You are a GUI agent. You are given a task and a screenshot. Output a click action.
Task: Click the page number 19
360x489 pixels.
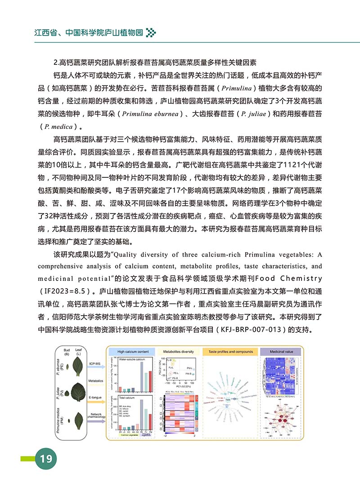click(x=46, y=459)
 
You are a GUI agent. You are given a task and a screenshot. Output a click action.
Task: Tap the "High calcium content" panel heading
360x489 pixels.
click(x=133, y=351)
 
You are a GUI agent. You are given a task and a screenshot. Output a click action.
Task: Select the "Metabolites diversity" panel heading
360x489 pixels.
click(x=178, y=351)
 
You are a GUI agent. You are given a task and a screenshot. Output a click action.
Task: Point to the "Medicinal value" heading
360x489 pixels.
click(x=282, y=351)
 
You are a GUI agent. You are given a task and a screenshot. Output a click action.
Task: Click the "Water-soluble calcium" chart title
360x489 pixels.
click(x=133, y=361)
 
